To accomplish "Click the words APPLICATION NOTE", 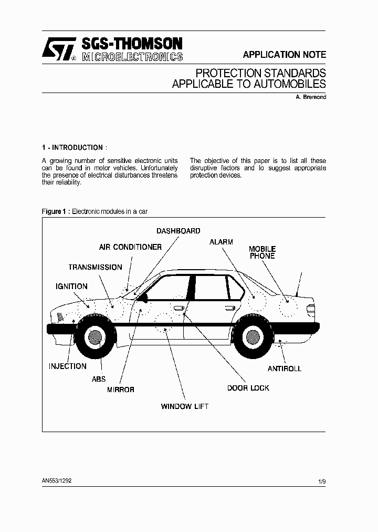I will click(x=284, y=55).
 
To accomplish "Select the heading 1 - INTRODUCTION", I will click(x=74, y=148).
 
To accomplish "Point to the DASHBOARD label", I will click(x=178, y=231).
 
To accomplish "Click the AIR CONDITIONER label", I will click(x=130, y=247).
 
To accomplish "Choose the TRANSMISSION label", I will click(x=95, y=267).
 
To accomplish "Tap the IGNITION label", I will click(x=71, y=287).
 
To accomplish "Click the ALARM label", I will click(x=221, y=242).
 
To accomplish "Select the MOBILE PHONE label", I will click(x=262, y=252).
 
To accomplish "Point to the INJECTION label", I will click(x=68, y=366).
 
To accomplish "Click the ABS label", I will click(x=99, y=379).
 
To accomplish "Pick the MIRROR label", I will click(x=121, y=390).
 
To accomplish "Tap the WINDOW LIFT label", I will click(x=184, y=406).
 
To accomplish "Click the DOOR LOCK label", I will click(x=248, y=388).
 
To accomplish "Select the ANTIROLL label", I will click(x=285, y=369).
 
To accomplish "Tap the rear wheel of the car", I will click(x=254, y=336).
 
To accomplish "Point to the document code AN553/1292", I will click(x=57, y=480).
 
